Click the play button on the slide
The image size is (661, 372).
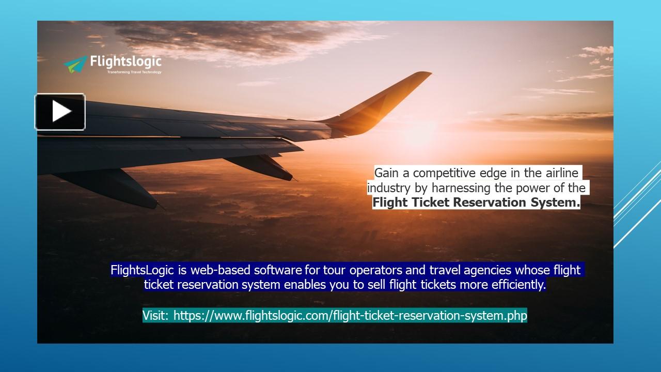(60, 112)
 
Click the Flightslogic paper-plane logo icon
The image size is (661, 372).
(75, 64)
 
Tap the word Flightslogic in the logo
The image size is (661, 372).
(125, 61)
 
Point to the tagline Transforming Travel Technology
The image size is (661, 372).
(134, 72)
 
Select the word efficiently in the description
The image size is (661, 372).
(516, 285)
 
